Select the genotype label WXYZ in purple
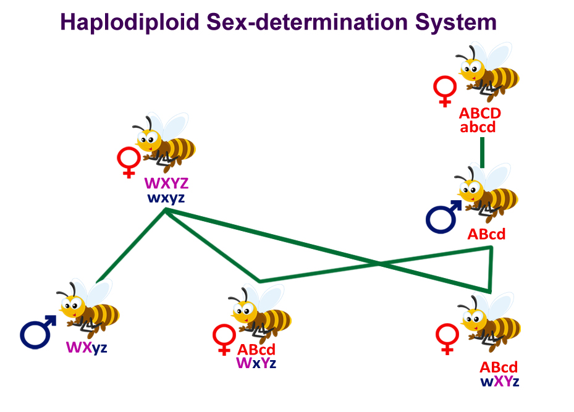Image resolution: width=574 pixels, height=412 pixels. (x=166, y=184)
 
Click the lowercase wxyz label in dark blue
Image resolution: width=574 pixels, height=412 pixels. (x=166, y=198)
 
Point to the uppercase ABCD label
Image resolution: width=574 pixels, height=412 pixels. (x=480, y=114)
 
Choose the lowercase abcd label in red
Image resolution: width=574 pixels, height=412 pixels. (x=480, y=128)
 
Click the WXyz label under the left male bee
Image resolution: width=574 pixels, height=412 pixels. (x=87, y=347)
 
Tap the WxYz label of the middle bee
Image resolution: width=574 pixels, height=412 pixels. (x=256, y=363)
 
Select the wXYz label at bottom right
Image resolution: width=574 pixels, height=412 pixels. (x=499, y=381)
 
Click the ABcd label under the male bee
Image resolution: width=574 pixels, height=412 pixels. (x=486, y=235)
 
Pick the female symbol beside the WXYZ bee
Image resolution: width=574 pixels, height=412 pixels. (x=129, y=162)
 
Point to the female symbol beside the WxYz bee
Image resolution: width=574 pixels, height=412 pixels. (x=223, y=340)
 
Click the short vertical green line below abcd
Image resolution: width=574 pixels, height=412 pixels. (x=482, y=151)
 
